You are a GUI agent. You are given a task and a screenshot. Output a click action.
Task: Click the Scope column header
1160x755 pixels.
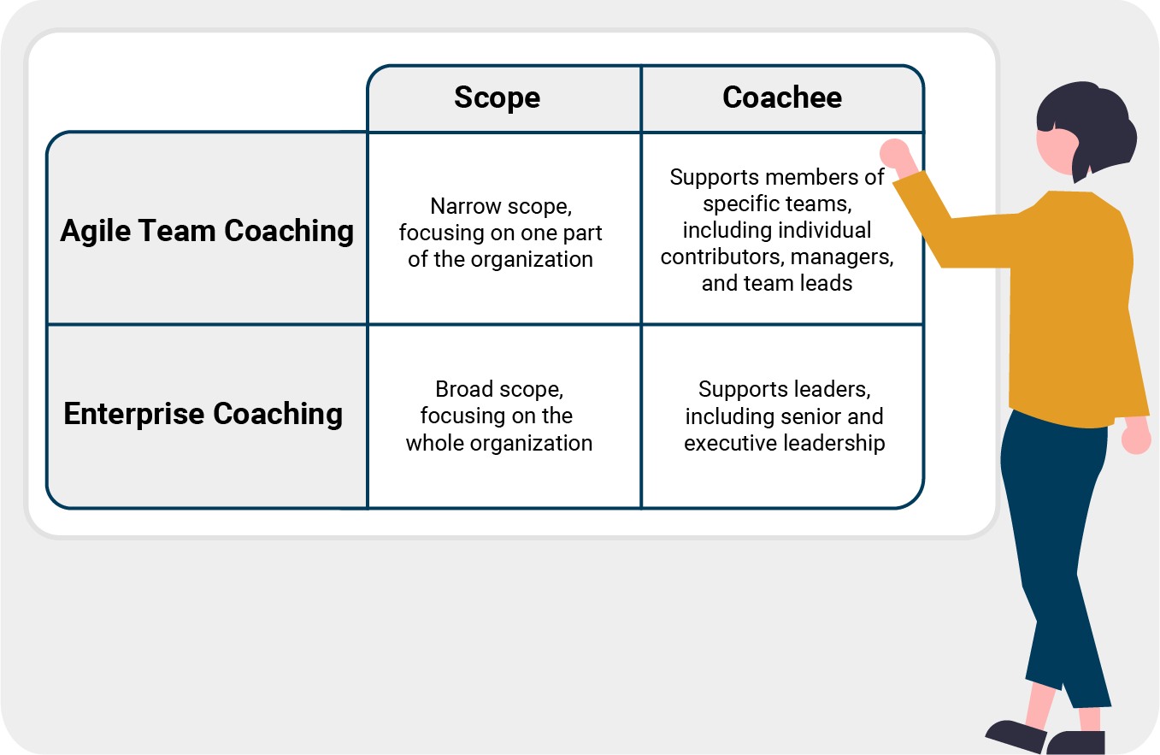(498, 97)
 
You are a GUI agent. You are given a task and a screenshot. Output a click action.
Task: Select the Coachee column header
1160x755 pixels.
(782, 97)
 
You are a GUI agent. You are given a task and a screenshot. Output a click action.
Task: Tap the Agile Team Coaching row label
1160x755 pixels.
(207, 231)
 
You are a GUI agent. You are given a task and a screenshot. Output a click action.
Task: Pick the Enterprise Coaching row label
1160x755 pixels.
(203, 414)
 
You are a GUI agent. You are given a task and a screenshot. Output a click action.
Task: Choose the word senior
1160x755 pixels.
(810, 416)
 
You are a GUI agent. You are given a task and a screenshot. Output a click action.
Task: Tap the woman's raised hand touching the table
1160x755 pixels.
(895, 154)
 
